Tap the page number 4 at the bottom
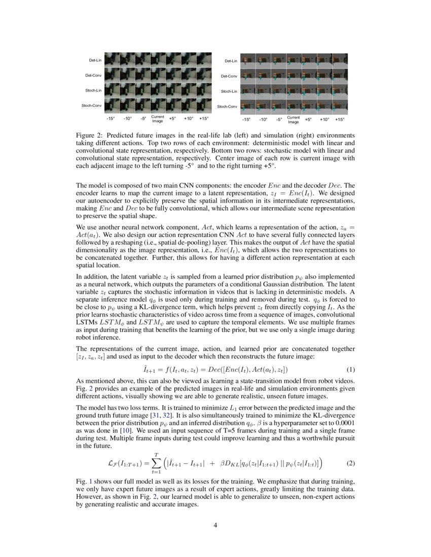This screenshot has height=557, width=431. click(x=215, y=525)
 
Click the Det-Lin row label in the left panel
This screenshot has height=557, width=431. click(x=96, y=60)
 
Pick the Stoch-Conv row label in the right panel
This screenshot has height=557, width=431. click(x=227, y=106)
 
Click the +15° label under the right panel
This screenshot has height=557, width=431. click(x=340, y=120)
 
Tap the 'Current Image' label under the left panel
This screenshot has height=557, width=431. click(x=158, y=119)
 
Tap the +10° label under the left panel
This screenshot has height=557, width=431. click(x=188, y=119)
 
